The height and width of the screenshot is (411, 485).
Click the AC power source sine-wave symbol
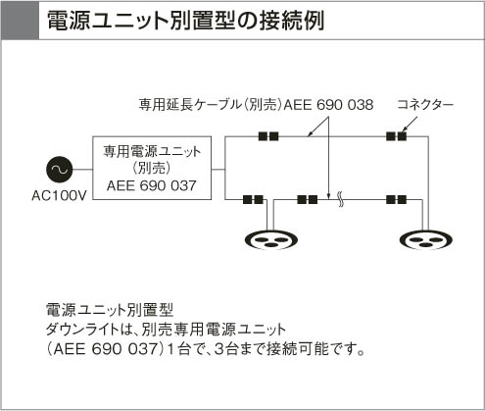pos(60,170)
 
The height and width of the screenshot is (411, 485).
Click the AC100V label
pos(59,195)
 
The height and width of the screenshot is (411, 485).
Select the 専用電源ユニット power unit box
pos(152,168)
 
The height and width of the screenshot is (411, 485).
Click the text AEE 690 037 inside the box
pos(152,185)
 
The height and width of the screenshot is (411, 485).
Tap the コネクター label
pos(425,105)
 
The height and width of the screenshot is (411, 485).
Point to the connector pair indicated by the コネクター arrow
pos(396,136)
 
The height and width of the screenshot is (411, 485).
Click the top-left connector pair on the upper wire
pos(268,136)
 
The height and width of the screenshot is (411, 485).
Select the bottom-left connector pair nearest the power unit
pos(253,199)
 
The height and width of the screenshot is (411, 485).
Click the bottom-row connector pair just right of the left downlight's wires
pos(308,199)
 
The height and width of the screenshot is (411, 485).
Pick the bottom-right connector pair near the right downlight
pos(396,199)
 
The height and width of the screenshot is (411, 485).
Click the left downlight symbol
pos(271,240)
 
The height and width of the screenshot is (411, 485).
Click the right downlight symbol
pos(426,240)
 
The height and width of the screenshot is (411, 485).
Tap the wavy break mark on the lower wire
pos(341,199)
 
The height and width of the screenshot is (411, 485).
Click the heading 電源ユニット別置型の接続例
pos(185,21)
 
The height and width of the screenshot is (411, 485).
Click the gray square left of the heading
pos(21,21)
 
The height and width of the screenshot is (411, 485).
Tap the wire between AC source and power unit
pos(82,170)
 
